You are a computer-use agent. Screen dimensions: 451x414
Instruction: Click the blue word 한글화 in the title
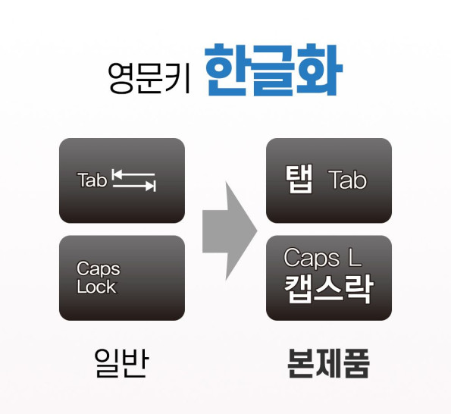[x=273, y=70]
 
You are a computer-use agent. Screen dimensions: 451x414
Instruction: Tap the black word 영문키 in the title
[x=149, y=77]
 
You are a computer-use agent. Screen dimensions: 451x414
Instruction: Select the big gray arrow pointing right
[x=230, y=231]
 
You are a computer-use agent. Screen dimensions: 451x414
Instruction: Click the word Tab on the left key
[x=92, y=180]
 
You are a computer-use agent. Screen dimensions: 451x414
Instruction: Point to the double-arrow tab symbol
[x=133, y=180]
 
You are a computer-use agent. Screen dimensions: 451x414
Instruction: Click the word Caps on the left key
[x=99, y=269]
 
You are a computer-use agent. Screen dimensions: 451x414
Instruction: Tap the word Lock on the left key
[x=96, y=287]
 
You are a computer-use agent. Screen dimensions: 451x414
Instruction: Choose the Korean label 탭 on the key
[x=299, y=179]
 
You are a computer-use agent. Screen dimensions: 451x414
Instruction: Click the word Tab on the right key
[x=348, y=180]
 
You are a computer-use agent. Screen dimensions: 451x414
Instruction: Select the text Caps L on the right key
[x=322, y=258]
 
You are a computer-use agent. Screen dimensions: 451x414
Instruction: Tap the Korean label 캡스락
[x=329, y=289]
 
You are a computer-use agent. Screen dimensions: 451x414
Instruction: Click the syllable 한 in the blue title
[x=227, y=70]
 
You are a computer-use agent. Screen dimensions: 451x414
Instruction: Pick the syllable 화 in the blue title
[x=319, y=70]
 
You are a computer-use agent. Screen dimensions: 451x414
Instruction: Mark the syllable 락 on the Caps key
[x=359, y=289]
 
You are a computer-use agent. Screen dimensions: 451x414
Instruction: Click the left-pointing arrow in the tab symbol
[x=133, y=174]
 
